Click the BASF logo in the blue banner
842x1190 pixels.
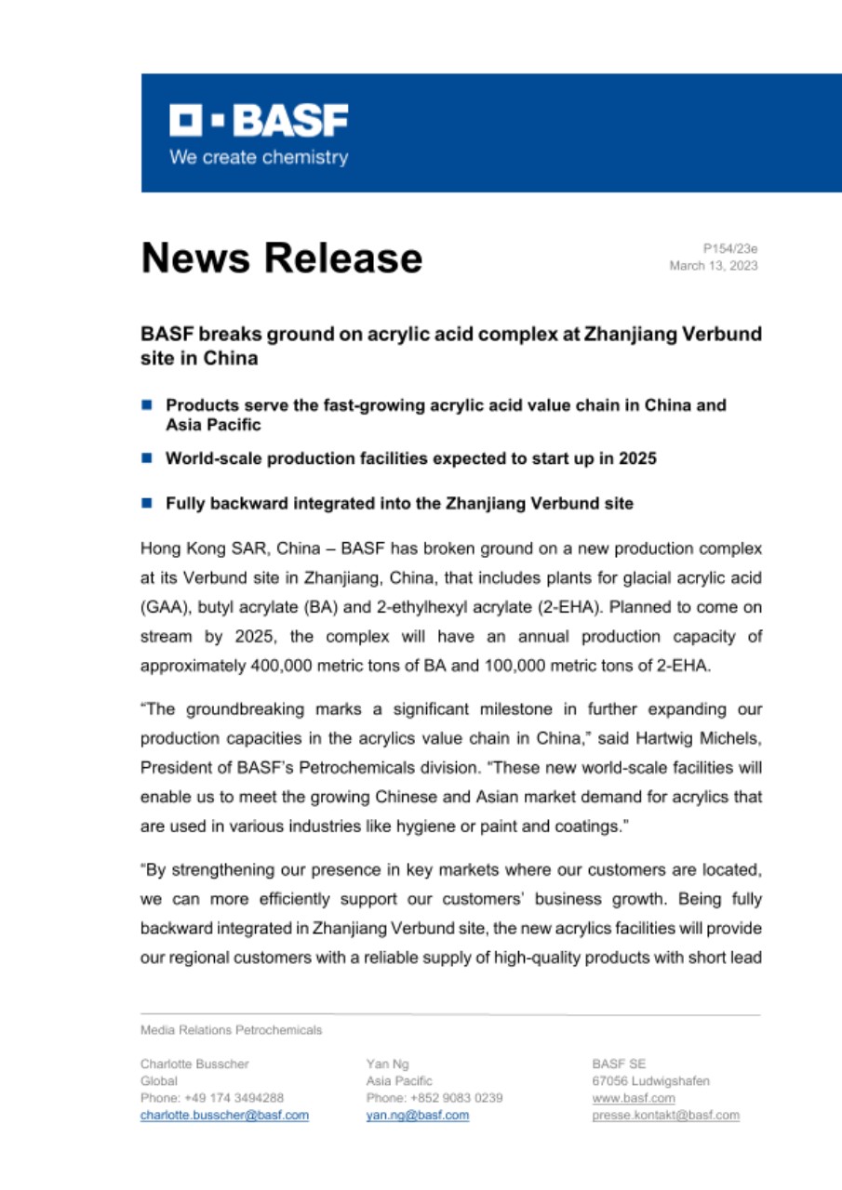click(259, 120)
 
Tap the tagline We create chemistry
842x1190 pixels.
click(259, 157)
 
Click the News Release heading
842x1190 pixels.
click(281, 258)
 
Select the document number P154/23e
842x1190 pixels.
click(730, 248)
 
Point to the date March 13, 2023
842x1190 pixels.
click(714, 266)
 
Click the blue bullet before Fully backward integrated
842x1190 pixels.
click(146, 503)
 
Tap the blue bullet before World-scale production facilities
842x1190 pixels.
click(146, 458)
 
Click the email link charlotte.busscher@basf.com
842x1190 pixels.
click(224, 1115)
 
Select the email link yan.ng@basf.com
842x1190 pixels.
click(418, 1115)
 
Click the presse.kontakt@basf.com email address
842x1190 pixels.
click(665, 1115)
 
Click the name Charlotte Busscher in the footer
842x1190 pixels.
click(194, 1064)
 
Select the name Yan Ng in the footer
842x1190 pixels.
click(388, 1064)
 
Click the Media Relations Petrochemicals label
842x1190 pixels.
click(231, 1030)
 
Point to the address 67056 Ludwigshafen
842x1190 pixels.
click(650, 1081)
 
